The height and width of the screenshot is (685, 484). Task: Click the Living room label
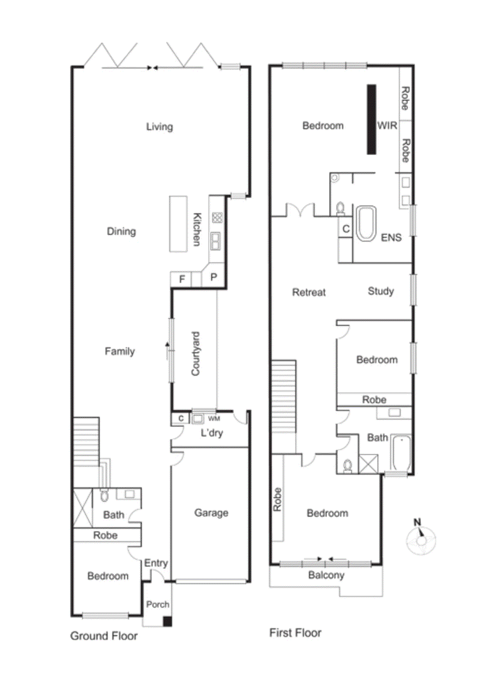click(x=160, y=126)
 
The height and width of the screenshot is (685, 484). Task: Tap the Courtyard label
click(x=196, y=354)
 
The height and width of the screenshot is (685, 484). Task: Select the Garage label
click(x=211, y=512)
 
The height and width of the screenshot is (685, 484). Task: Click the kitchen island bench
click(x=178, y=223)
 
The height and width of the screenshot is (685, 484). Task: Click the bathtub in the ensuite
click(x=366, y=223)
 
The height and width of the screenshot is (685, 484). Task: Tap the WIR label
click(x=387, y=125)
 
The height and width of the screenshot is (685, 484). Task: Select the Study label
click(x=380, y=291)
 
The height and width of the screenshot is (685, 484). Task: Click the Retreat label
click(x=309, y=292)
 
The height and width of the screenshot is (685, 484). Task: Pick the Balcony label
click(x=326, y=575)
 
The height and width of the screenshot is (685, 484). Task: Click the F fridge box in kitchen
click(x=182, y=279)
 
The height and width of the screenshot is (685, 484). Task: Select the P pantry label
click(x=214, y=277)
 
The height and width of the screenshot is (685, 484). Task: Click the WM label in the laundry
click(x=214, y=418)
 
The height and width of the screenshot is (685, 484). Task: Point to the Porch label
click(x=157, y=605)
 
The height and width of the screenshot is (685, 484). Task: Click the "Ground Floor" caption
click(x=104, y=636)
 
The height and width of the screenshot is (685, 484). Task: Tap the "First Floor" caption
click(x=295, y=633)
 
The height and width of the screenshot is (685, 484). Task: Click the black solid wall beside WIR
click(x=371, y=119)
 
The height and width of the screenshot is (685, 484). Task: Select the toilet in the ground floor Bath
click(x=104, y=496)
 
